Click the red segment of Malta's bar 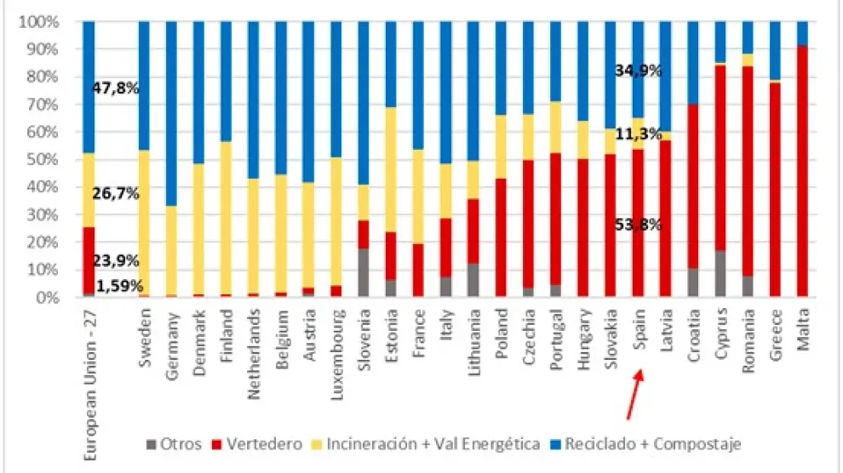[803, 170]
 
